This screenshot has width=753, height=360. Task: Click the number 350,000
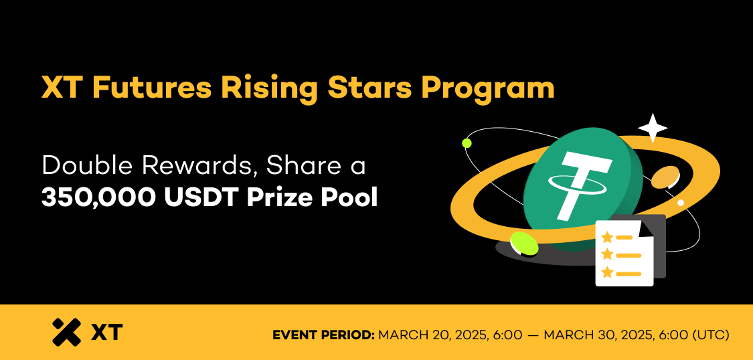click(98, 199)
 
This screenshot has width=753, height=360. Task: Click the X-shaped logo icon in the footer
click(67, 332)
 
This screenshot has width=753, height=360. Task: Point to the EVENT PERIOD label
click(323, 335)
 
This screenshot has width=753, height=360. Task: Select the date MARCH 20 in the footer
click(418, 335)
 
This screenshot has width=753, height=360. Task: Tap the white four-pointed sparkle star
click(653, 128)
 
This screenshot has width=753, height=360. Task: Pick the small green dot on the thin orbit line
click(467, 143)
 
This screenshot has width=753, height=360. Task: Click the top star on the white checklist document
click(608, 237)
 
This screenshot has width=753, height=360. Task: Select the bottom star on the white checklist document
click(608, 273)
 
